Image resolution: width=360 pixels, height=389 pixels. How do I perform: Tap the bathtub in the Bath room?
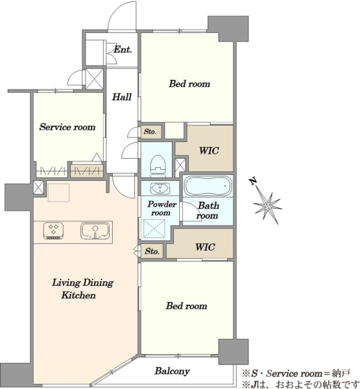(208, 186)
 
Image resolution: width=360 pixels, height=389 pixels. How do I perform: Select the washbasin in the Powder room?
(160, 189)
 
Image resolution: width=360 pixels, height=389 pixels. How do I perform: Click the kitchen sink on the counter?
(95, 231)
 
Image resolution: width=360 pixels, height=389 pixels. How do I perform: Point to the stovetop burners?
(53, 231)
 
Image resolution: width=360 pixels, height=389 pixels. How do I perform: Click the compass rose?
(268, 206)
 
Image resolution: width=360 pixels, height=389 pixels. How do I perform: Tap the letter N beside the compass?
(253, 182)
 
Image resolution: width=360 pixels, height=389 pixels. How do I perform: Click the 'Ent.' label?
(123, 50)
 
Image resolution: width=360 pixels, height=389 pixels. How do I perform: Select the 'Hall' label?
(121, 97)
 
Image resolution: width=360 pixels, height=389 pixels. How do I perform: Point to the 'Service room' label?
(67, 127)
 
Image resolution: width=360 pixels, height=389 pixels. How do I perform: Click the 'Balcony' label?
(172, 371)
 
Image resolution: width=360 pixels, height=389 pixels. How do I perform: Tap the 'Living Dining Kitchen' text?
(82, 289)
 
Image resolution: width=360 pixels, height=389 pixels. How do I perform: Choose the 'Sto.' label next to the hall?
(150, 132)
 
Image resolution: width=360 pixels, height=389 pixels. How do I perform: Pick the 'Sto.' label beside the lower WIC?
(152, 251)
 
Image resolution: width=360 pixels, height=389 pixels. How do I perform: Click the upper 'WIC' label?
(209, 150)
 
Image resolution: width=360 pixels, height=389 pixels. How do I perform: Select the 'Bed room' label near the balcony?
(186, 306)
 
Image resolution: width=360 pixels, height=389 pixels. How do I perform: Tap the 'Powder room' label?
(162, 208)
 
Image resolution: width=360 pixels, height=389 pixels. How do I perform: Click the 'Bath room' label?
(208, 210)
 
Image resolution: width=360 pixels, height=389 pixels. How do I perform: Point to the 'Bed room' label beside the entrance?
(189, 84)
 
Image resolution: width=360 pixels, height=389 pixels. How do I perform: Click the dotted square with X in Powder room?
(154, 229)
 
